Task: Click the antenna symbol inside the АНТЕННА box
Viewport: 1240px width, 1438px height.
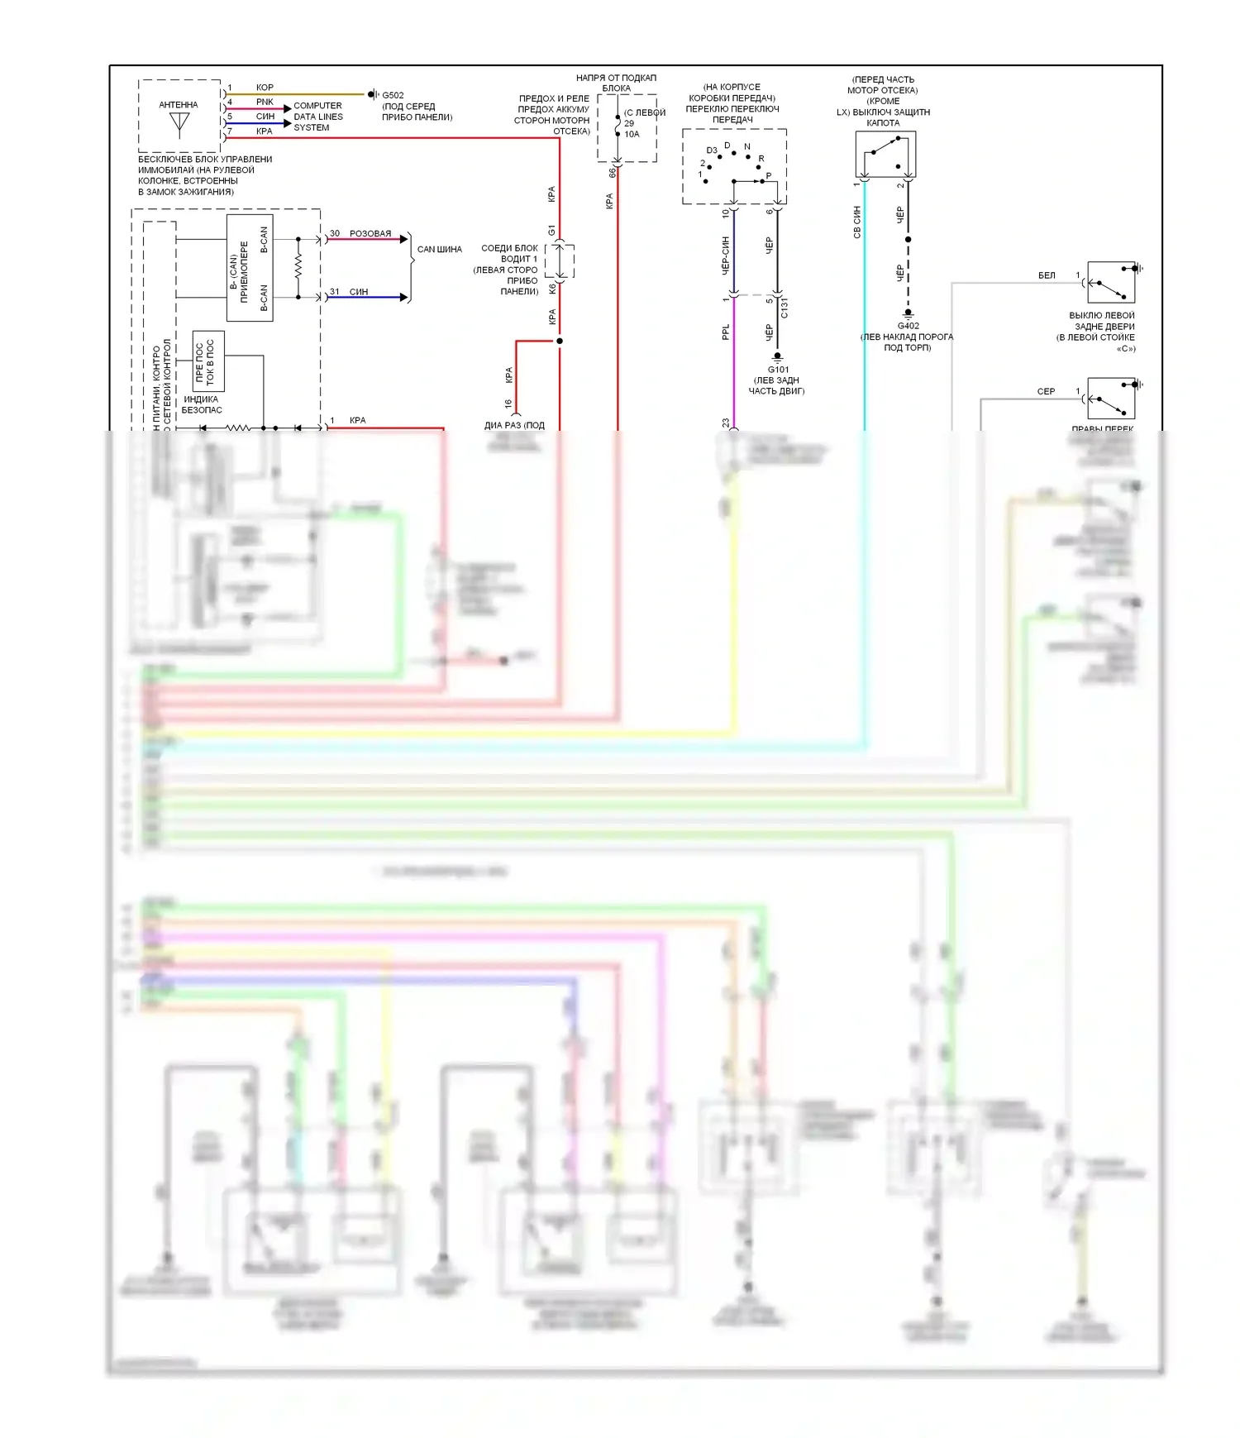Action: [179, 124]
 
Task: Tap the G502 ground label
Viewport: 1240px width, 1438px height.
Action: [393, 95]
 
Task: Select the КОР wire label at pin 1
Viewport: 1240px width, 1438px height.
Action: [265, 87]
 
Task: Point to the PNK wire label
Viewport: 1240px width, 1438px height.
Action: [265, 102]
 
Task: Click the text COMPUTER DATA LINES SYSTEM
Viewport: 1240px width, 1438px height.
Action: [317, 117]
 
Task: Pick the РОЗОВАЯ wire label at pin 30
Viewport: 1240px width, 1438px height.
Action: [370, 233]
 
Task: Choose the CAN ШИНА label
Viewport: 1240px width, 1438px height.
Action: [439, 249]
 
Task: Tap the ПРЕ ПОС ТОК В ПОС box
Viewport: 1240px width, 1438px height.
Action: [208, 361]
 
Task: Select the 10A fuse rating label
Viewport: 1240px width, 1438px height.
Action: [632, 134]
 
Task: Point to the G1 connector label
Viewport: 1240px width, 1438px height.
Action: [551, 230]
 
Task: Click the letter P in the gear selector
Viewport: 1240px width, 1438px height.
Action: [769, 175]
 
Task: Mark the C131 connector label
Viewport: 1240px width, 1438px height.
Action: [784, 308]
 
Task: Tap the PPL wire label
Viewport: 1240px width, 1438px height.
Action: [726, 332]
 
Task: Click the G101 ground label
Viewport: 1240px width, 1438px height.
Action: [777, 370]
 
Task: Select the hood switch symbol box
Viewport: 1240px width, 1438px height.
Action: [885, 155]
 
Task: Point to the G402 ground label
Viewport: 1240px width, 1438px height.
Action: [908, 326]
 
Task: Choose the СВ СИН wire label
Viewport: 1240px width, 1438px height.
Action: [857, 222]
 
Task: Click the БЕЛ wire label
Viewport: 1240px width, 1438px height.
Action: [1047, 275]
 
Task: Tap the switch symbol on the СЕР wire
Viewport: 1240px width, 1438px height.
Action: [1111, 399]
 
